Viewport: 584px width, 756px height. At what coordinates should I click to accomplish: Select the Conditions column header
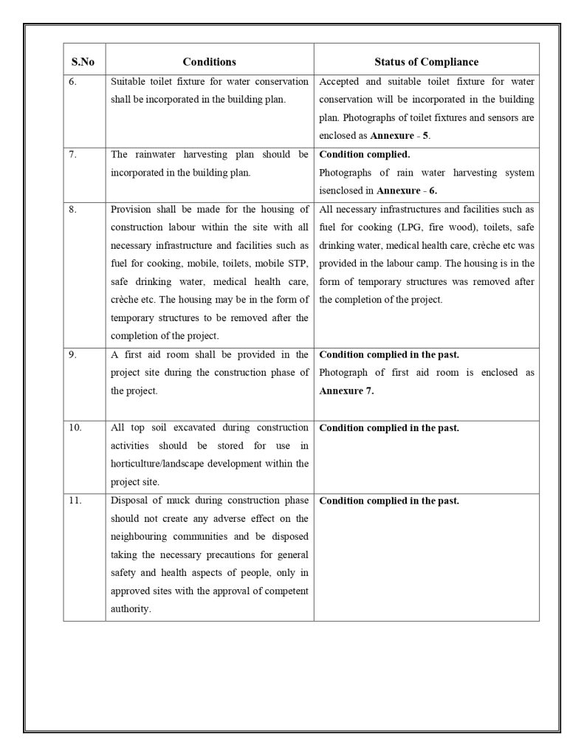click(209, 62)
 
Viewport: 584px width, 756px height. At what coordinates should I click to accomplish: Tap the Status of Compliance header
click(426, 62)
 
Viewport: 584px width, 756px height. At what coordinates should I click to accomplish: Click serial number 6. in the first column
click(72, 82)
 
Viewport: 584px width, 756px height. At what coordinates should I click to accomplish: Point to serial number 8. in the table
click(72, 209)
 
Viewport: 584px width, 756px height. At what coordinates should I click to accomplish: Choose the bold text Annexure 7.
click(346, 391)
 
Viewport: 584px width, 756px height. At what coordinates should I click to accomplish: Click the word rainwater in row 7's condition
click(156, 154)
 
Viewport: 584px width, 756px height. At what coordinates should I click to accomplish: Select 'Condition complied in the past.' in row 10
click(389, 428)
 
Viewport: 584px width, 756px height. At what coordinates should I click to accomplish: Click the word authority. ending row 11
click(131, 610)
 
